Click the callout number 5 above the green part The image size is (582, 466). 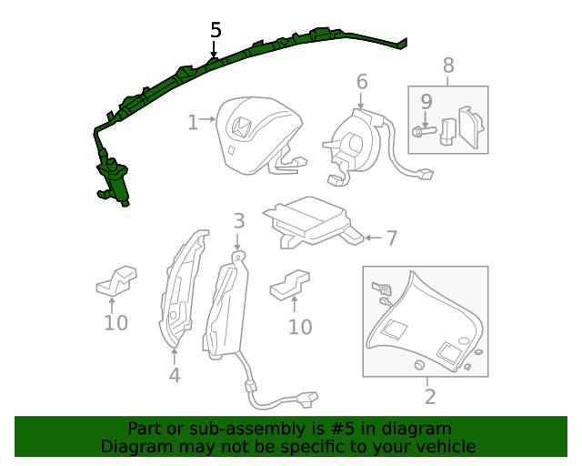(x=216, y=30)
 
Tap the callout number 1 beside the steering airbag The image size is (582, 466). (x=192, y=122)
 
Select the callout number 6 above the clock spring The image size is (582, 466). (x=362, y=82)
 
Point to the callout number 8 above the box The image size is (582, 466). (x=447, y=66)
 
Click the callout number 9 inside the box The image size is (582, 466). (x=426, y=102)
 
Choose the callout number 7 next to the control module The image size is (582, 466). (x=391, y=238)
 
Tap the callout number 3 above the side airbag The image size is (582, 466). (x=238, y=220)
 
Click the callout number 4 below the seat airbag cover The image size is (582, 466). (x=174, y=374)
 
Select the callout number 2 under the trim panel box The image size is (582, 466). (x=430, y=396)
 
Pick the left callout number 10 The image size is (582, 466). (x=115, y=322)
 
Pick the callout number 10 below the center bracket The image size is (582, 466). (x=300, y=327)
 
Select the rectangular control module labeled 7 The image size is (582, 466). (x=309, y=221)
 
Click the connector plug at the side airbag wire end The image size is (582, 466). (x=307, y=399)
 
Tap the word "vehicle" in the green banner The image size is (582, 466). (x=440, y=446)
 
